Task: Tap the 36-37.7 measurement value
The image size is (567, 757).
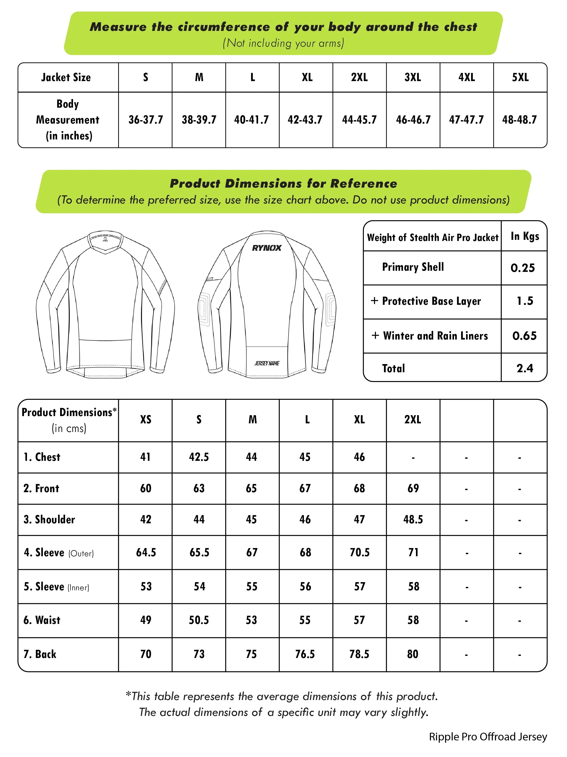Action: [x=146, y=120]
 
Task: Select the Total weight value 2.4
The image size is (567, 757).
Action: [x=525, y=368]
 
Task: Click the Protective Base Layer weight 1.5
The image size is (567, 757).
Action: [x=525, y=301]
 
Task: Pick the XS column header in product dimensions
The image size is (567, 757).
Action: [x=146, y=419]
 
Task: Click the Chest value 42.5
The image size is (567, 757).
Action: [x=199, y=457]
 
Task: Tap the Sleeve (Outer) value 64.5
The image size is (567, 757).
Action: [x=146, y=552]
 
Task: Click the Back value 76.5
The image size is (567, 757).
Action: [x=305, y=654]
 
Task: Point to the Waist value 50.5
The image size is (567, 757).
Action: [x=199, y=620]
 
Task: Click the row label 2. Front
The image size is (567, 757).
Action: [x=41, y=488]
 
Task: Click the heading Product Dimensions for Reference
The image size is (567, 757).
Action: [x=283, y=184]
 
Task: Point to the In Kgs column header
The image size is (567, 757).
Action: [x=525, y=236]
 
